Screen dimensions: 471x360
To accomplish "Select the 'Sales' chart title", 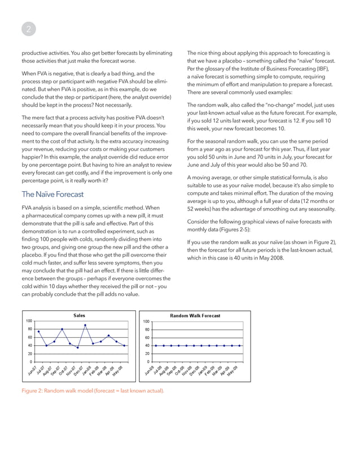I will (80, 315).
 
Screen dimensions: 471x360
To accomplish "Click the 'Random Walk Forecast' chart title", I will (195, 315).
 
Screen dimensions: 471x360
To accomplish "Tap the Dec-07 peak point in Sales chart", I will (85, 325).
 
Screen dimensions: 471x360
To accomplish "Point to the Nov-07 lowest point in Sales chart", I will (77, 347).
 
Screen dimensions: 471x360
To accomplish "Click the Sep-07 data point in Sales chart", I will (62, 329).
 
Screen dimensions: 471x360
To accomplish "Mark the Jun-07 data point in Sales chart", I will (38, 332).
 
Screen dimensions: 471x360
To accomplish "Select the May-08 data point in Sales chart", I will (124, 346).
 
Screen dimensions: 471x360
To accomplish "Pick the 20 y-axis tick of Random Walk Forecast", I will (147, 354).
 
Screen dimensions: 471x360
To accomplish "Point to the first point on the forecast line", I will (155, 346).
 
